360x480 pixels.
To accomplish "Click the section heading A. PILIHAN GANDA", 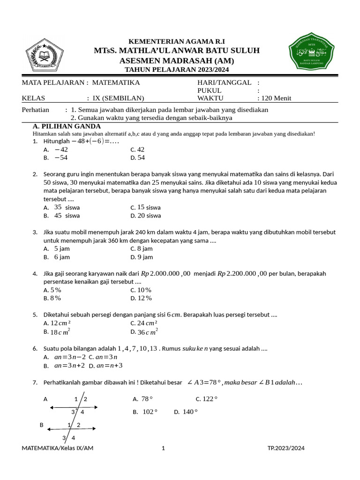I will click(x=67, y=127).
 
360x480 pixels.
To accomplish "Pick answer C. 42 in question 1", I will click(x=138, y=150).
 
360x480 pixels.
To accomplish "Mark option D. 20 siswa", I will click(x=146, y=216).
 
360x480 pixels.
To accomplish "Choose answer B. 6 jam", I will click(x=57, y=257).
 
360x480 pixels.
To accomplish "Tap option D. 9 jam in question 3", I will click(x=142, y=257).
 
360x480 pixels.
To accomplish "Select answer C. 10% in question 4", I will click(x=141, y=290).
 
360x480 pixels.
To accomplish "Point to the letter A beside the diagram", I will click(x=45, y=399).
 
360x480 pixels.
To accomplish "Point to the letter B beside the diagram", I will click(x=41, y=425).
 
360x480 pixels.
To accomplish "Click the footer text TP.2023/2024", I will click(x=286, y=448).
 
